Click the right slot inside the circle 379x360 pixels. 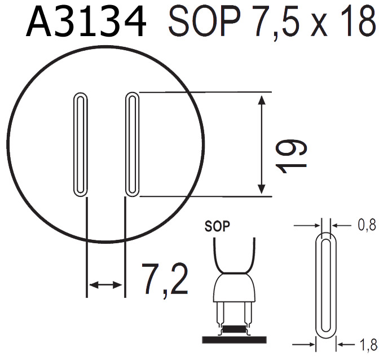(x=132, y=144)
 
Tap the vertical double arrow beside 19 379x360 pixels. (x=262, y=144)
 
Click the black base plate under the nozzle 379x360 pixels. (x=233, y=339)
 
